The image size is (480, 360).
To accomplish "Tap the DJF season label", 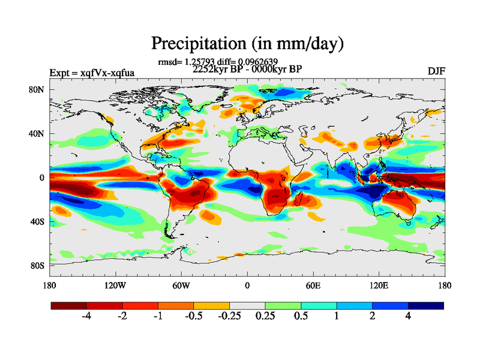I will coord(436,71).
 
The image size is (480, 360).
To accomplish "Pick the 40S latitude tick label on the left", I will coord(38,221).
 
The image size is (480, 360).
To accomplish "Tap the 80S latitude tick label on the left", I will coord(38,265).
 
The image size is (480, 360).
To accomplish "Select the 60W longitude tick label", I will coord(181,285).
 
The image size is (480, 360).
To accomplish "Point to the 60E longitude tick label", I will coord(313,285).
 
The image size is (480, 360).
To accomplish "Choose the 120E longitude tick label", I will coord(378,285).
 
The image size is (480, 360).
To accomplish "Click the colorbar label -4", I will coord(86,317).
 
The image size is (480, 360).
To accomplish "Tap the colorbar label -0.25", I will coord(229,317).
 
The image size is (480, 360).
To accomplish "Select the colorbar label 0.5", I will coord(301,317).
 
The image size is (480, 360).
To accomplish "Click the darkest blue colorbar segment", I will coord(426,305).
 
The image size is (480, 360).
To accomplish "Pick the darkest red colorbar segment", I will coord(69,305).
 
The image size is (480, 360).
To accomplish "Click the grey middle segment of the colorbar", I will coord(247,305).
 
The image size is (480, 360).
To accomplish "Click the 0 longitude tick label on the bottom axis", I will coord(247,285).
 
